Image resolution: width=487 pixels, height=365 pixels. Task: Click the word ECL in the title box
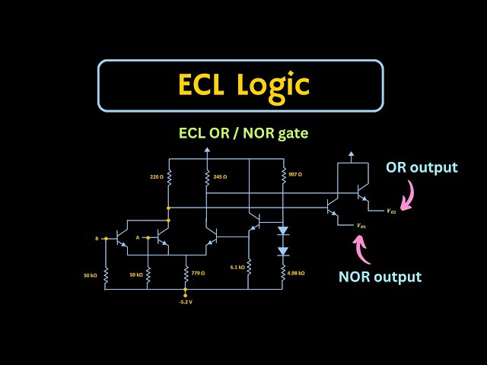(x=204, y=84)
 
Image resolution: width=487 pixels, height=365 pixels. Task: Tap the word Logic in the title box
(x=275, y=84)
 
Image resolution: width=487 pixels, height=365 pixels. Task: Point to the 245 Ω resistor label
(x=220, y=176)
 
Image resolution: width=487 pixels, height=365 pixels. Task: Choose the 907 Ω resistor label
(x=295, y=174)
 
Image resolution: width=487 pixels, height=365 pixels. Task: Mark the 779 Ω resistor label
(x=199, y=271)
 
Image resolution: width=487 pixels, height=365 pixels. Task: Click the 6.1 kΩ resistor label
(x=237, y=267)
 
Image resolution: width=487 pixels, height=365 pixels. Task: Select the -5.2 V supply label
(x=185, y=302)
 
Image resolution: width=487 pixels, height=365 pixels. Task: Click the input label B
(x=97, y=238)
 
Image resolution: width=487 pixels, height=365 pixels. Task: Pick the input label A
(x=138, y=238)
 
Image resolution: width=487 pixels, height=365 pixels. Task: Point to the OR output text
(x=422, y=167)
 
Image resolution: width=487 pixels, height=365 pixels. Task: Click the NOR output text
(x=380, y=276)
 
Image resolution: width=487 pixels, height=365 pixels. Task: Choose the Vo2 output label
(x=390, y=211)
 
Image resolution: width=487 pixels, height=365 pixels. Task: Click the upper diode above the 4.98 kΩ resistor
(x=283, y=230)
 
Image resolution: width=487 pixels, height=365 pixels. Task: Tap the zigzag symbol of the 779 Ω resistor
(x=186, y=271)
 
